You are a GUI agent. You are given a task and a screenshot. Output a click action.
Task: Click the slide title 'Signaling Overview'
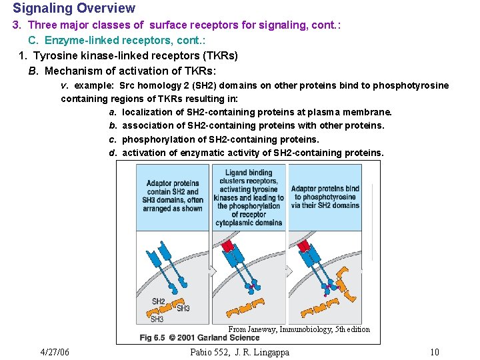click(x=74, y=9)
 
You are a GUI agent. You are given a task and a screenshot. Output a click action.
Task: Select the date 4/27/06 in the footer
click(x=55, y=352)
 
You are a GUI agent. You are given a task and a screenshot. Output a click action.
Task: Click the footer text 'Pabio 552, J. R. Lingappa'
click(x=239, y=352)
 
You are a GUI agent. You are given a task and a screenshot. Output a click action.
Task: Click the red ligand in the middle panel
click(x=229, y=246)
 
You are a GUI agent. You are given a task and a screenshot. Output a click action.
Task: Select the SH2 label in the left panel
click(x=159, y=301)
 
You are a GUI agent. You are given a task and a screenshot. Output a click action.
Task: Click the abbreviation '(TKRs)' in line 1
click(x=215, y=55)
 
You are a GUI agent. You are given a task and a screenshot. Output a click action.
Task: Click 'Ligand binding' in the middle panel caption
click(x=249, y=173)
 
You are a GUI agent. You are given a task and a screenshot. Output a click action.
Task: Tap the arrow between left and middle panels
click(x=212, y=271)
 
